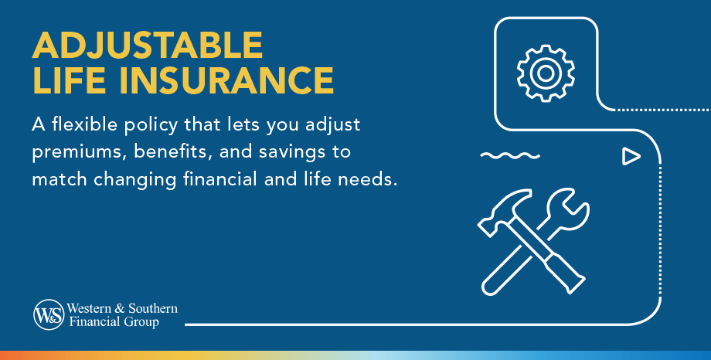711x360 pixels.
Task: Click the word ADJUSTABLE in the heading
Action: tap(148, 46)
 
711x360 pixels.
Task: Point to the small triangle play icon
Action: tap(631, 157)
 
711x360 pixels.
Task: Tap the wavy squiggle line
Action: tap(509, 156)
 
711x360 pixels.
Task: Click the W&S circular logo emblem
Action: tap(48, 314)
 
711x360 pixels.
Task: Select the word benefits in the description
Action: tap(165, 151)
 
